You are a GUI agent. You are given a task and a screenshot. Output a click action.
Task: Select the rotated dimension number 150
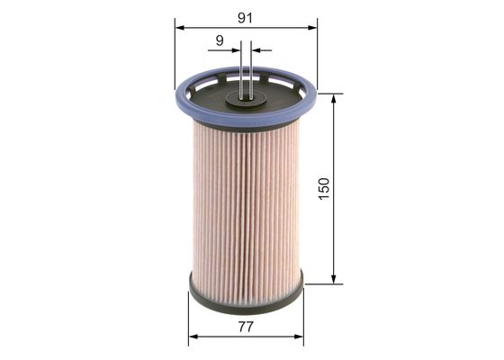(325, 189)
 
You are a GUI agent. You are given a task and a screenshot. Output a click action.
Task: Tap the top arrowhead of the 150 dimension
(335, 98)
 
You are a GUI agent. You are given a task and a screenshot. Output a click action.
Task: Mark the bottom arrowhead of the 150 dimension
(335, 279)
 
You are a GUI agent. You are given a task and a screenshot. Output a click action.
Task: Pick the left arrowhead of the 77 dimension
(193, 337)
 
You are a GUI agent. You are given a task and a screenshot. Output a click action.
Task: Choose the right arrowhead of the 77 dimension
(300, 337)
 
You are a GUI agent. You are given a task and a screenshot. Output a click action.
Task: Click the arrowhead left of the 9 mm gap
(237, 50)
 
